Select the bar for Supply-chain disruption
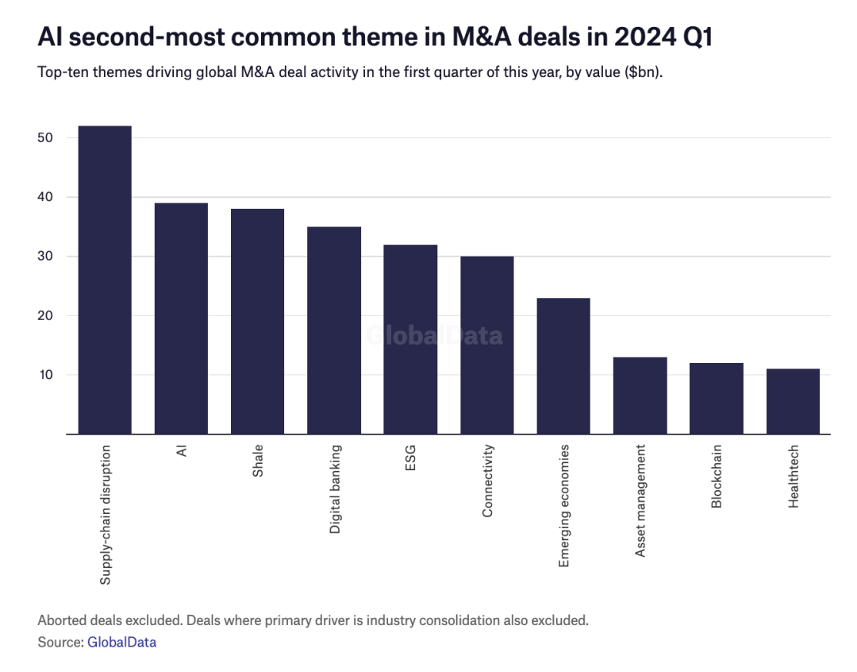105,280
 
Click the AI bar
181,319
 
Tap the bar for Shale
257,321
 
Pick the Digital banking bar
334,330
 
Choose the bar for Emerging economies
563,366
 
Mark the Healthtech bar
793,401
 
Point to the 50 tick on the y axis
45,138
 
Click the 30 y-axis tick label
45,256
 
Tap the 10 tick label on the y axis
45,375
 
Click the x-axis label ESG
410,458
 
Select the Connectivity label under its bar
487,481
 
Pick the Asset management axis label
640,500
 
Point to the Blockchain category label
717,476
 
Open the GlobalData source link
122,642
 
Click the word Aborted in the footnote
62,620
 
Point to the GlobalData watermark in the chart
435,335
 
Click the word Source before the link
60,642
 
